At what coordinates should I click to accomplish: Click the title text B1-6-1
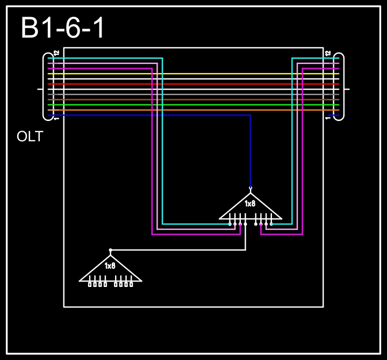(63, 28)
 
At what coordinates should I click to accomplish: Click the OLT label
(30, 136)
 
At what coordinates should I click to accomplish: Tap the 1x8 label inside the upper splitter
(250, 204)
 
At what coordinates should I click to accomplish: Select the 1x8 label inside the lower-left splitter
(110, 266)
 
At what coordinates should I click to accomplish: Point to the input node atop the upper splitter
(250, 188)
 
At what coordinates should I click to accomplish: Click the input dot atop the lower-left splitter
(111, 250)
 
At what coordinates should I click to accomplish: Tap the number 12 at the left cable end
(56, 53)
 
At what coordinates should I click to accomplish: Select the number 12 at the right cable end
(328, 53)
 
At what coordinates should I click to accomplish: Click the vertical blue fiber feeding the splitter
(250, 150)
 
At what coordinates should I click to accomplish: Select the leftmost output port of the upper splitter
(230, 223)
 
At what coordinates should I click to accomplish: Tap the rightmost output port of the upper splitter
(271, 223)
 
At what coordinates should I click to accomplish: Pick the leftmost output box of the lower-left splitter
(90, 284)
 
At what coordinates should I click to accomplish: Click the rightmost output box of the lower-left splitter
(131, 284)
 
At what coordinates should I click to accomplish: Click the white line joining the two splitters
(177, 250)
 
